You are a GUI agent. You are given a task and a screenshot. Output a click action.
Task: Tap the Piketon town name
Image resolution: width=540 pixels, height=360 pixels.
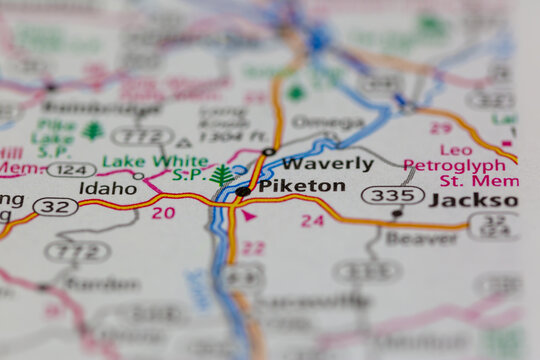pyautogui.click(x=301, y=186)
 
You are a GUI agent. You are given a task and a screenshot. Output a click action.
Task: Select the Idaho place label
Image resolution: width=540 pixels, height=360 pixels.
pyautogui.click(x=108, y=188)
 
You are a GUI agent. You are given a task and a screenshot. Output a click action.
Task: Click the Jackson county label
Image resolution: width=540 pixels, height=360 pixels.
pyautogui.click(x=473, y=200)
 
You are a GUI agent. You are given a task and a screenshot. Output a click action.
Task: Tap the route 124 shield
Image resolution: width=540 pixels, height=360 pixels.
pyautogui.click(x=71, y=170)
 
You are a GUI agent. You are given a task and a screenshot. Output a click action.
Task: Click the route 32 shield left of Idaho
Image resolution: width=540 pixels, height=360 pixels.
pyautogui.click(x=55, y=206)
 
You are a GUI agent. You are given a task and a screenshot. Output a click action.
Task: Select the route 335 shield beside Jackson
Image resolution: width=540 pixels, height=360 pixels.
pyautogui.click(x=392, y=194)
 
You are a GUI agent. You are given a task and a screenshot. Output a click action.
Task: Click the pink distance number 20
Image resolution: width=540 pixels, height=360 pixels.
pyautogui.click(x=163, y=213)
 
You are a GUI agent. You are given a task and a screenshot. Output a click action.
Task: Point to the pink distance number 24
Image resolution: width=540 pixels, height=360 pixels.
pyautogui.click(x=313, y=220)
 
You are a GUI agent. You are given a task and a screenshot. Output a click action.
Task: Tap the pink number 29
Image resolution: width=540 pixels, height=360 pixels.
pyautogui.click(x=440, y=128)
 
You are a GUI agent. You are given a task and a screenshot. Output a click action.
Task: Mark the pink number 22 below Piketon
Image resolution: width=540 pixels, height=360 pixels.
pyautogui.click(x=253, y=246)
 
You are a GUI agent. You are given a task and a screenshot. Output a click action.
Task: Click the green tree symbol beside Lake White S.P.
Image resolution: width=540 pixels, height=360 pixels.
pyautogui.click(x=222, y=177)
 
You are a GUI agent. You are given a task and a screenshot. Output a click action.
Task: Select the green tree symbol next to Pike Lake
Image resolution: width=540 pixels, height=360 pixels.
pyautogui.click(x=93, y=131)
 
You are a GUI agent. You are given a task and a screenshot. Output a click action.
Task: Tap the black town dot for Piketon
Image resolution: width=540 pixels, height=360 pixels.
pyautogui.click(x=244, y=191)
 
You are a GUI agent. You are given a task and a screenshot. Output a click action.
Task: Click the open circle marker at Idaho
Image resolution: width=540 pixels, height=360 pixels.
pyautogui.click(x=139, y=177)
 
